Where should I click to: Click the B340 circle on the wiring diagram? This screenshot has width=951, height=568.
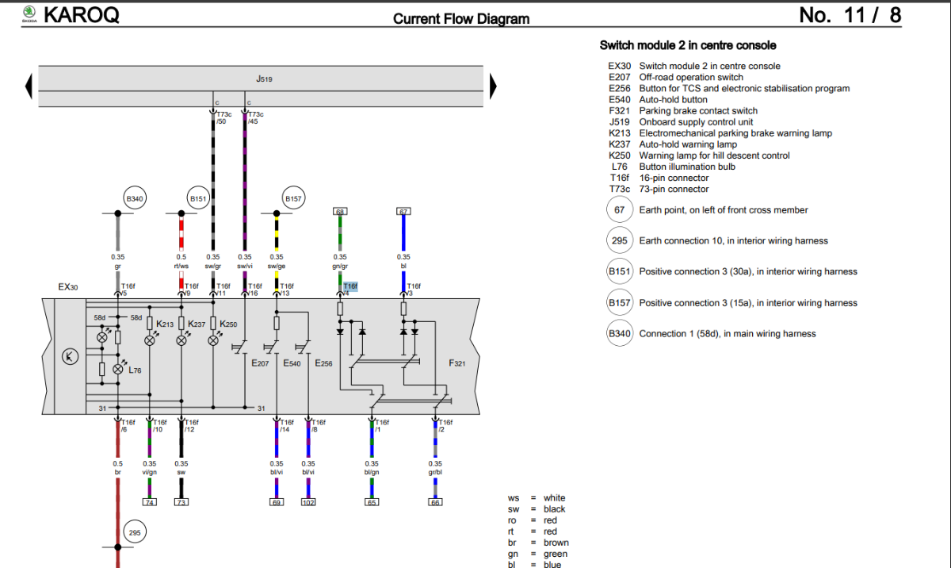tap(136, 198)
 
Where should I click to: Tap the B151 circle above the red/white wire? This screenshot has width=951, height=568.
tap(197, 198)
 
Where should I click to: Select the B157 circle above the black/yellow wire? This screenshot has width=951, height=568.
tap(294, 198)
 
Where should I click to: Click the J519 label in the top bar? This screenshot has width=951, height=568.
tap(265, 79)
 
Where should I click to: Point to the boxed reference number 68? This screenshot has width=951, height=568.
tap(340, 212)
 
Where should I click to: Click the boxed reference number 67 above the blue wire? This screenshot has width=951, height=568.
tap(403, 212)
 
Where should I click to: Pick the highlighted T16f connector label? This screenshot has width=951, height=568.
tap(350, 286)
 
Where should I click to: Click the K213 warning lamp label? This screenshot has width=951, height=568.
tap(165, 324)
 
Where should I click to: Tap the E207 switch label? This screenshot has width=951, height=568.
tap(260, 363)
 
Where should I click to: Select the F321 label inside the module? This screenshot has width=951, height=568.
tap(457, 363)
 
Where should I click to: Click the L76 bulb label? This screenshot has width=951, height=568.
tap(135, 370)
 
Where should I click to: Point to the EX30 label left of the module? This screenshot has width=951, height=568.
tap(68, 286)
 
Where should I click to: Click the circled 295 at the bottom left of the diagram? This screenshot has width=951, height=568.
tap(135, 533)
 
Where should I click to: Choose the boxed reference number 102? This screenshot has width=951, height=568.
tap(308, 502)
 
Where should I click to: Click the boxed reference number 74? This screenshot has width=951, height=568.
tap(149, 502)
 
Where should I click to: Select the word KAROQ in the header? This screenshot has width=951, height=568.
tap(81, 14)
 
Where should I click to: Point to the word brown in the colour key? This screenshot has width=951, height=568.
tap(556, 543)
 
